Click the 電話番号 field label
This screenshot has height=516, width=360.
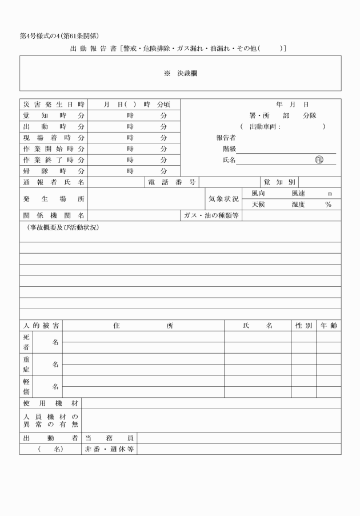(x=172, y=182)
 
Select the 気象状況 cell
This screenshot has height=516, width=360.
(x=223, y=199)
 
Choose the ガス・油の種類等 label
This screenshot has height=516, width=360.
(x=211, y=215)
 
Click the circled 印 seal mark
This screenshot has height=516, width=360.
(x=319, y=160)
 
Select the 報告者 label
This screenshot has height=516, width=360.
(x=226, y=138)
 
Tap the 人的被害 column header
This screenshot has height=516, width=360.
(x=41, y=325)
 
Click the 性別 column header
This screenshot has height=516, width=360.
(x=303, y=325)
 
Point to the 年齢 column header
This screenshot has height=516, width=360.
(x=329, y=325)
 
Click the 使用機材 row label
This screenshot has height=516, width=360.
(x=50, y=403)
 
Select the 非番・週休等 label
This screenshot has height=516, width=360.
(x=109, y=449)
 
